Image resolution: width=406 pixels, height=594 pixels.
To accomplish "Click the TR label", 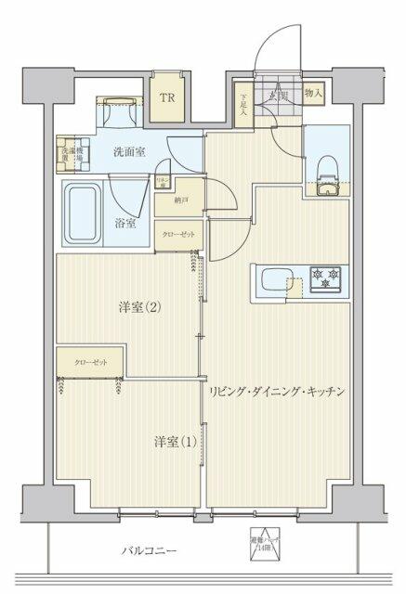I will [x=168, y=97].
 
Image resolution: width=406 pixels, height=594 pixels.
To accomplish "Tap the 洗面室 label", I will [x=130, y=152].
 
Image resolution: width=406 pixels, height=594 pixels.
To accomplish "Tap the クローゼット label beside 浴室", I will [x=179, y=236].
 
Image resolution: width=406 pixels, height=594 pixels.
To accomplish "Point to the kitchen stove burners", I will [x=327, y=277].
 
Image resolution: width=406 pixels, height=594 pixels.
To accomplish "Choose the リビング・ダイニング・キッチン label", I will [x=278, y=392].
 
